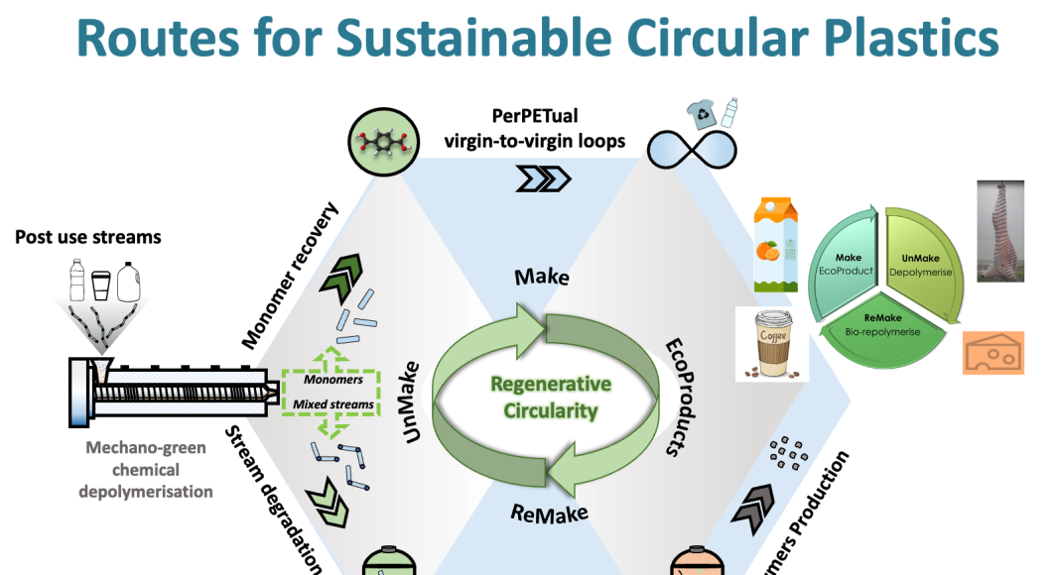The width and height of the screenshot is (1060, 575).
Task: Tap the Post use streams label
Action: [x=87, y=238]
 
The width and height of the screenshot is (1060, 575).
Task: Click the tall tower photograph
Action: [x=998, y=232]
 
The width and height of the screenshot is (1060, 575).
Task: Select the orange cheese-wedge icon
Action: [x=994, y=353]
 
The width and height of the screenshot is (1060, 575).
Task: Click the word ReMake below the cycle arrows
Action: [x=549, y=513]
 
